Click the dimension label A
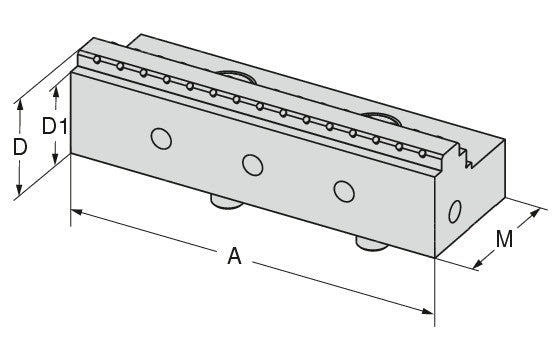(x=234, y=256)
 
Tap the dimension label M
(x=504, y=239)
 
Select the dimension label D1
(x=55, y=126)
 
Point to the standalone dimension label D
(x=20, y=147)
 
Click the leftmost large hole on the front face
(x=161, y=139)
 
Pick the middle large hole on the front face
(x=253, y=165)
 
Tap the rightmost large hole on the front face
(x=344, y=191)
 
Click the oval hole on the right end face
(x=454, y=211)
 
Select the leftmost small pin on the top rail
(x=97, y=60)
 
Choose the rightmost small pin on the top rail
(x=422, y=153)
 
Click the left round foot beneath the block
(x=226, y=202)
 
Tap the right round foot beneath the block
(x=372, y=244)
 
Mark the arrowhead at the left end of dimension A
(x=76, y=212)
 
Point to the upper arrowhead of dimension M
(x=535, y=213)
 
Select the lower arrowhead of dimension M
(x=478, y=264)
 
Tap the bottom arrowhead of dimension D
(x=19, y=190)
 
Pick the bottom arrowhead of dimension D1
(x=55, y=159)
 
